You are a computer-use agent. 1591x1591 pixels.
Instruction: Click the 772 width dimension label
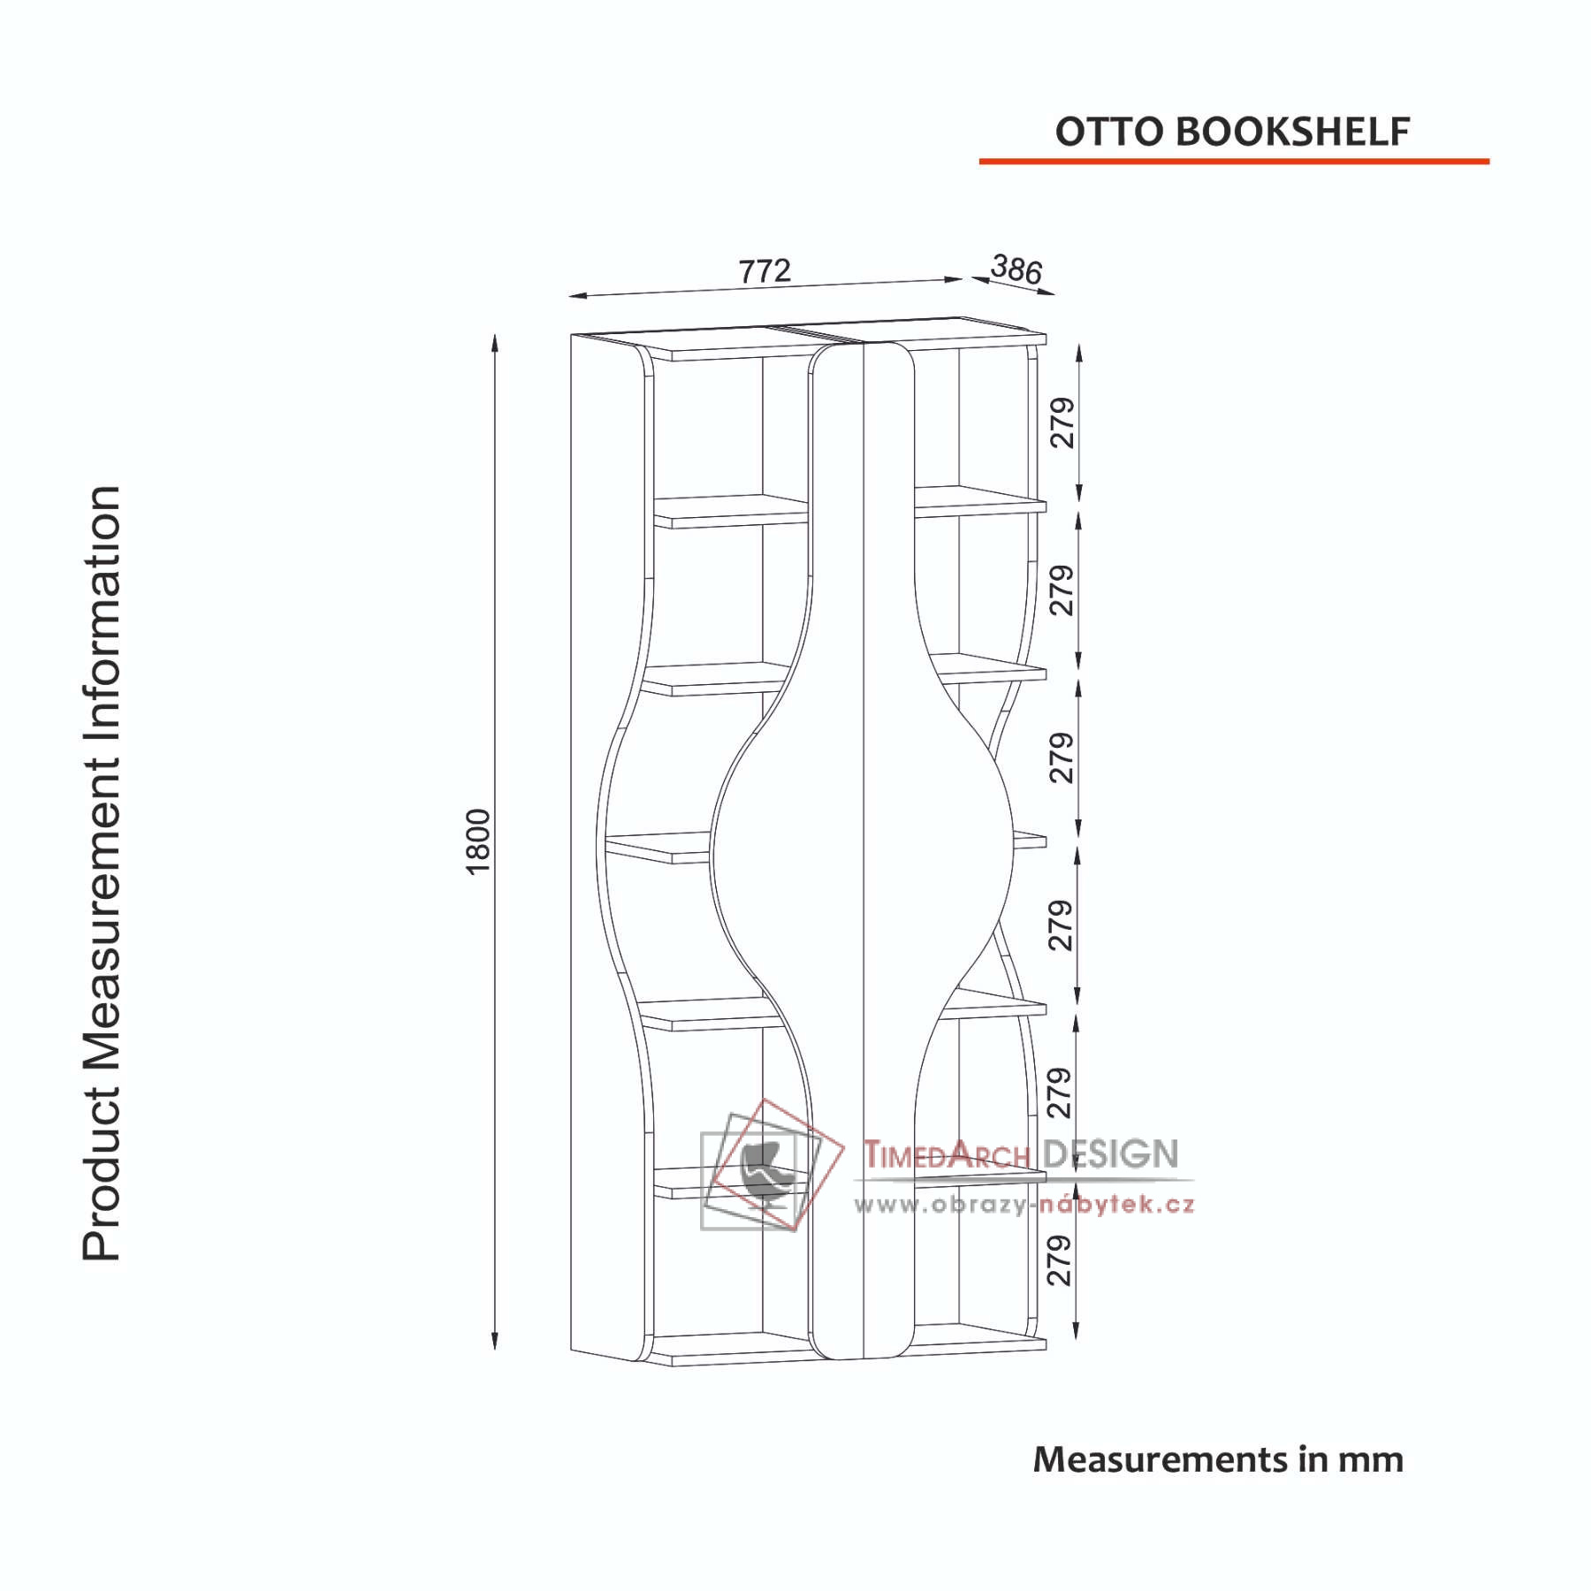tap(765, 270)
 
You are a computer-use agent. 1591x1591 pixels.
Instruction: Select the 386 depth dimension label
tap(1016, 268)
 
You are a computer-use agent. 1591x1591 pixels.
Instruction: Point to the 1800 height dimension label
tap(477, 841)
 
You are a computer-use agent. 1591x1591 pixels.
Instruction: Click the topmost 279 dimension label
tap(1062, 422)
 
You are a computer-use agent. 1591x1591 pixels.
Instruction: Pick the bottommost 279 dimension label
tap(1059, 1260)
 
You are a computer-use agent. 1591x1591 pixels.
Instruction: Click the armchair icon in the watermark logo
tap(761, 1172)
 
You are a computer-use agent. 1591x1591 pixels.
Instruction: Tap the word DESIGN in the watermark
tap(1111, 1153)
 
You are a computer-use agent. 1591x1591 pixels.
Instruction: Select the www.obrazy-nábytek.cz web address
tap(1024, 1204)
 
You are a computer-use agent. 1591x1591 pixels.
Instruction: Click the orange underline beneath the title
tap(1234, 161)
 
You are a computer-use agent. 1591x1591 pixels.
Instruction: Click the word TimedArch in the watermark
tap(948, 1154)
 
